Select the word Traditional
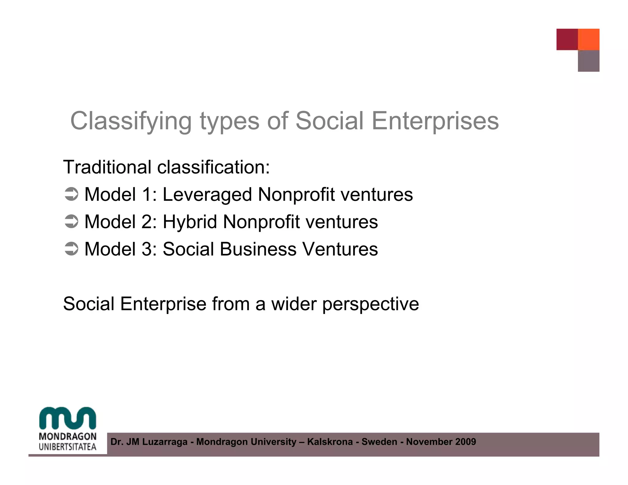coord(107,167)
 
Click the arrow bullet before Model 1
coord(71,195)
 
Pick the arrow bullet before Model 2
coord(71,222)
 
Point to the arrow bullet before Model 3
coord(71,249)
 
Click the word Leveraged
coord(207,195)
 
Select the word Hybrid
coord(190,222)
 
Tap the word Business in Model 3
coord(258,249)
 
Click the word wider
coord(294,304)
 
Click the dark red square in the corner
coord(567,39)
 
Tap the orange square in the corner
coord(588,39)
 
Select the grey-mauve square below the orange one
coord(588,61)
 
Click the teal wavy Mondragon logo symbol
coord(67,418)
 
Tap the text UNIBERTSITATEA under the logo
coord(67,447)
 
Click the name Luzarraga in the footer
coord(165,442)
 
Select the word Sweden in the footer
coord(379,442)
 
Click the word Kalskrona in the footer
coord(330,442)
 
